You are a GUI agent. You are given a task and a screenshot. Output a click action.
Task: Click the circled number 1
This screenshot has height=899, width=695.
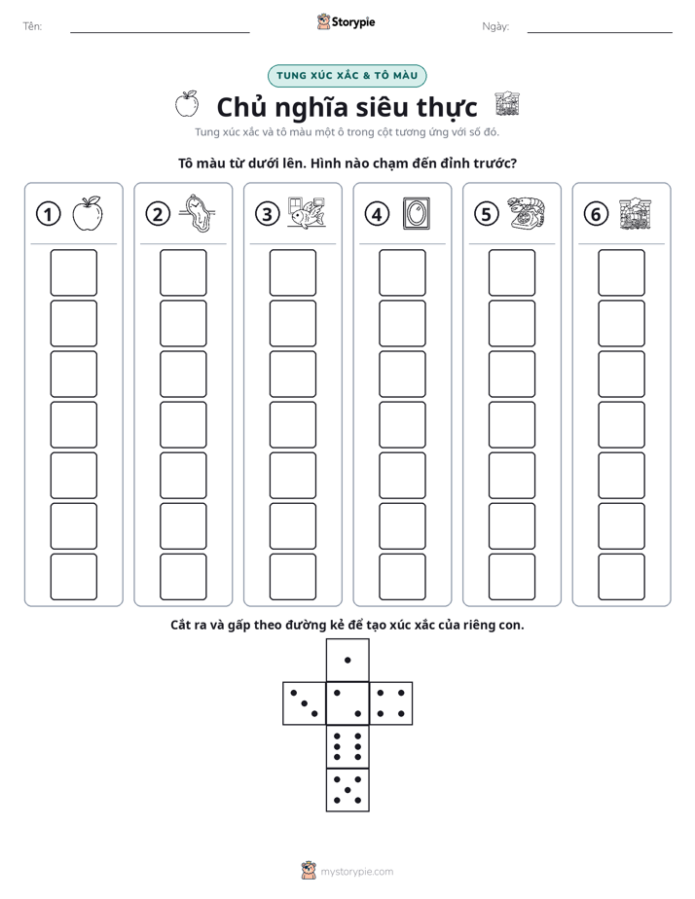tap(48, 214)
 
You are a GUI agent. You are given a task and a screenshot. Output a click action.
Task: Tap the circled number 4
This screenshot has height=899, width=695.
tap(377, 214)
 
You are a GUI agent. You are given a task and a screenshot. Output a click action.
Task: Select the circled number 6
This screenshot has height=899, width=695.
tap(596, 214)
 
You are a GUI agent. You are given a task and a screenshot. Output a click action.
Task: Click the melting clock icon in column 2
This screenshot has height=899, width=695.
tap(197, 213)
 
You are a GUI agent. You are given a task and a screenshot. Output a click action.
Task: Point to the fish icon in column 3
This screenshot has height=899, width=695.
tap(307, 213)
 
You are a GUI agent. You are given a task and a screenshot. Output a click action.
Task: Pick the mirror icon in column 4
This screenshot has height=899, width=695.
tap(417, 213)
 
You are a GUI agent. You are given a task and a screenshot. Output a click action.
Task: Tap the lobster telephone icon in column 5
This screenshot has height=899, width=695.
tap(526, 213)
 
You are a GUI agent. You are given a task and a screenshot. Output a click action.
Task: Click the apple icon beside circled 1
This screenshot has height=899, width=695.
tap(88, 214)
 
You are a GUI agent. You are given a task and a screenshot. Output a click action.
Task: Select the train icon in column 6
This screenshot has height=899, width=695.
tap(636, 214)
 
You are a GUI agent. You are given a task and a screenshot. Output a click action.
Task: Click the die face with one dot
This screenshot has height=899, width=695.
tap(347, 660)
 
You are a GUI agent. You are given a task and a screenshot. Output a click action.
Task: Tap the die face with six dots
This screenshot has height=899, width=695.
tap(347, 746)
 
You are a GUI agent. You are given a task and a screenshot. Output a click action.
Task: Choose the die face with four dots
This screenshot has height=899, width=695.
tap(391, 703)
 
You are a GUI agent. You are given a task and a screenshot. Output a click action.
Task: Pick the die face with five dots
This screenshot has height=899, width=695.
tap(347, 790)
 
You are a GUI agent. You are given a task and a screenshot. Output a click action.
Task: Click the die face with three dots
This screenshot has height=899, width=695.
tap(305, 703)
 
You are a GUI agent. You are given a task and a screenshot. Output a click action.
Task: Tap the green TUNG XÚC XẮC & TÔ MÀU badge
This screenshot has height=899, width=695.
tap(347, 76)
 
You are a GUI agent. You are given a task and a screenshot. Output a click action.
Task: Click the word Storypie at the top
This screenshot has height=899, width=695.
tap(353, 22)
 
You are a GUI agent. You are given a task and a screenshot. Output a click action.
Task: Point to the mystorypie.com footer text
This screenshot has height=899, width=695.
tap(356, 872)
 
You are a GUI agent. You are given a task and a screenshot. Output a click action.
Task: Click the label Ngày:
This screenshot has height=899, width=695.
tap(495, 26)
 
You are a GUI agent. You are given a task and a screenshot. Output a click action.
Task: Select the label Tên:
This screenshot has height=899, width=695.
tap(32, 26)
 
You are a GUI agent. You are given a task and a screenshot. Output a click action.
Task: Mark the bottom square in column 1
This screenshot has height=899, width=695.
tap(73, 577)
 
